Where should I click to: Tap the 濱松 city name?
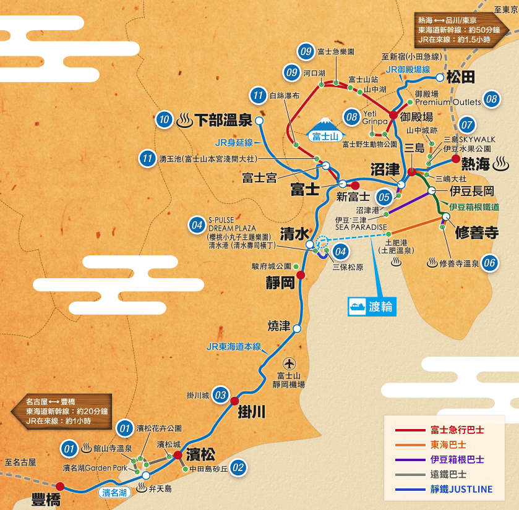pos(200,455)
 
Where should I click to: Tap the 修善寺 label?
pos(476,232)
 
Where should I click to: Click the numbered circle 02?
pos(238,468)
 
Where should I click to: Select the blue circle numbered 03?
pos(220,394)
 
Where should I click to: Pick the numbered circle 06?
pos(490,262)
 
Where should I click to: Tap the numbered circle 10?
pos(164,119)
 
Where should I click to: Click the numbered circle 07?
pos(467,123)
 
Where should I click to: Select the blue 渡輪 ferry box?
pos(371,307)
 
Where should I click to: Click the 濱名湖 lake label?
pos(115,492)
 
